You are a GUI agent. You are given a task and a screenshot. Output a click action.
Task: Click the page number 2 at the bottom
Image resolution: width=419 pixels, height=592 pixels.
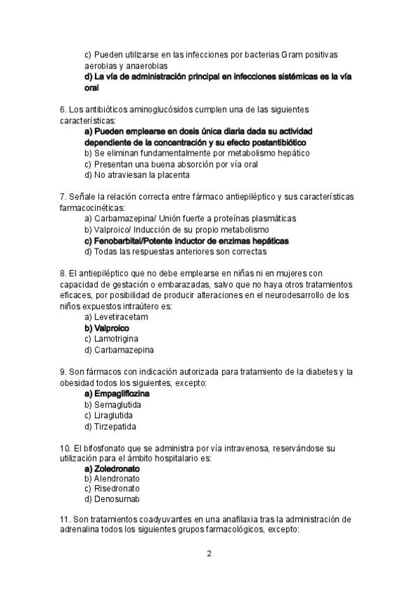tap(209, 554)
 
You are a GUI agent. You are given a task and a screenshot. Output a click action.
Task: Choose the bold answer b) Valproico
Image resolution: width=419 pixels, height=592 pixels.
tap(107, 327)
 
